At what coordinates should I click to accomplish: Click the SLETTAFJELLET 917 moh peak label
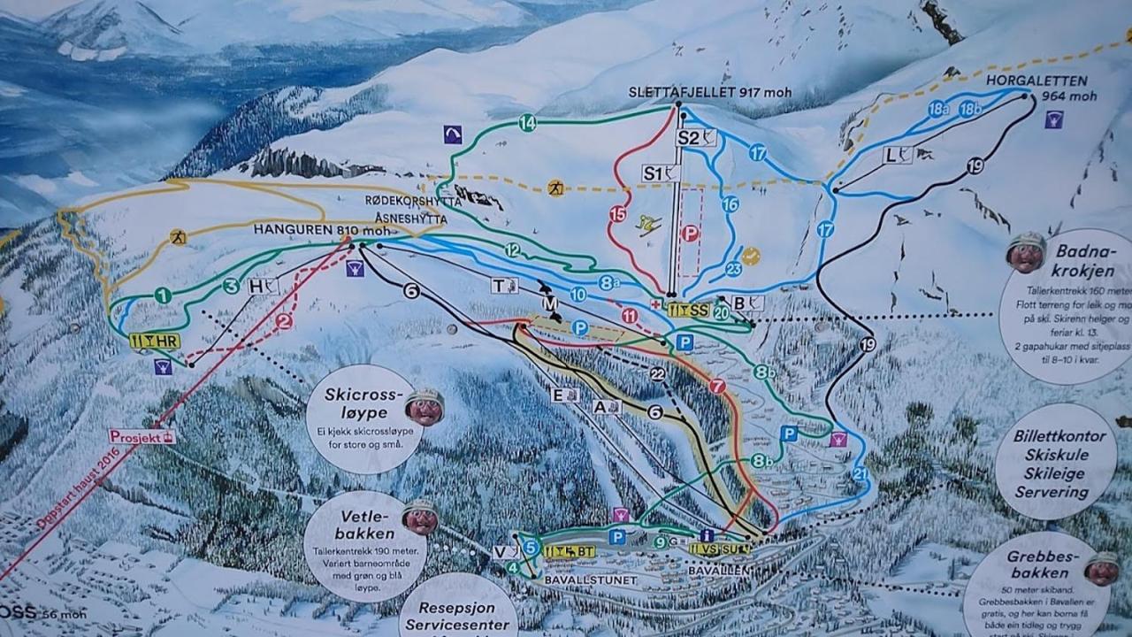pyautogui.click(x=710, y=91)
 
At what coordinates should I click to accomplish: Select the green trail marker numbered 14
pyautogui.click(x=527, y=124)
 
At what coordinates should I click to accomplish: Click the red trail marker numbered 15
pyautogui.click(x=617, y=213)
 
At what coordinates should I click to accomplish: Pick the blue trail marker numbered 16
pyautogui.click(x=730, y=204)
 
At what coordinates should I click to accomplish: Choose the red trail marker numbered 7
pyautogui.click(x=716, y=387)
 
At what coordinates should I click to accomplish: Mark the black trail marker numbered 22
pyautogui.click(x=657, y=374)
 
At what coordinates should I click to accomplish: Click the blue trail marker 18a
pyautogui.click(x=938, y=109)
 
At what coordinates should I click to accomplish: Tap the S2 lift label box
pyautogui.click(x=695, y=137)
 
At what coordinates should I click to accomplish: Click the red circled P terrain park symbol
pyautogui.click(x=688, y=234)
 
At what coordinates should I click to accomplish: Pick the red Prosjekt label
pyautogui.click(x=141, y=436)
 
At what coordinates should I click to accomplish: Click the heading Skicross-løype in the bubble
pyautogui.click(x=363, y=403)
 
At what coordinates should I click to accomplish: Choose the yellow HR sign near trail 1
pyautogui.click(x=155, y=341)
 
